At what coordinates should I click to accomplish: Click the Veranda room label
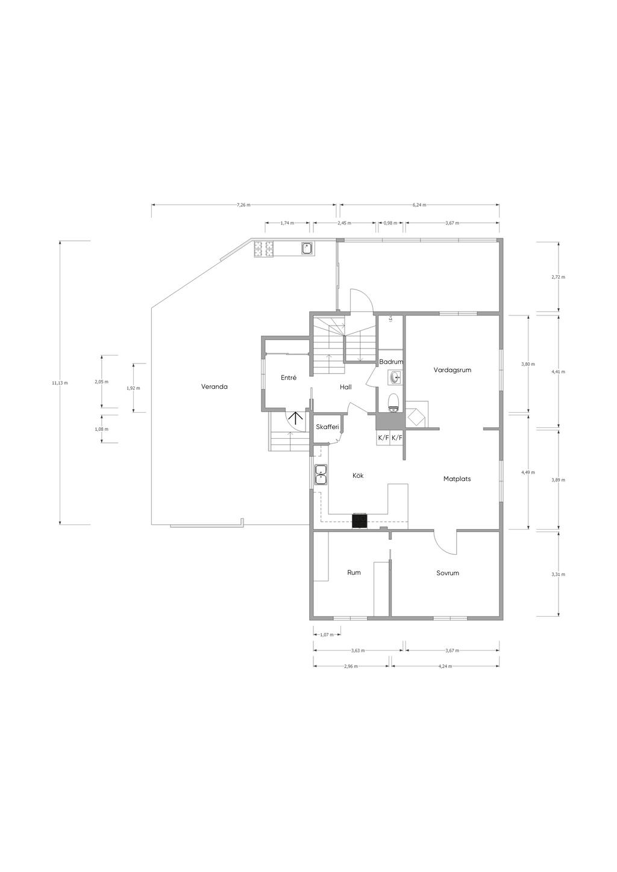pos(214,387)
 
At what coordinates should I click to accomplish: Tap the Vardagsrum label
pos(452,370)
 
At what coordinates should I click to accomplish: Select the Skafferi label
pos(327,427)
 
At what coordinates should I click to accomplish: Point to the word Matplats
pos(457,479)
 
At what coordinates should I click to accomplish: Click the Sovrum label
pos(448,573)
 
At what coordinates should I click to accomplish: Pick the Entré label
pos(289,377)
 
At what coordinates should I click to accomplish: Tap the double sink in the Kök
pos(321,475)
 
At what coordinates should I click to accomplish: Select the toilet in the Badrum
pos(393,403)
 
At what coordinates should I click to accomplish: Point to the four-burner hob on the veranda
pos(263,249)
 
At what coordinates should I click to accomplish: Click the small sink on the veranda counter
pos(307,249)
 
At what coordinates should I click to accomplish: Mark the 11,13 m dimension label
pos(60,383)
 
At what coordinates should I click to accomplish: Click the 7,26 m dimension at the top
pos(243,205)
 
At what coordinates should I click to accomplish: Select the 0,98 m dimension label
pos(390,223)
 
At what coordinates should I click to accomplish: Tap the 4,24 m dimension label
pos(445,666)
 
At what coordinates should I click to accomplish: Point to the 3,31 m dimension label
pos(558,574)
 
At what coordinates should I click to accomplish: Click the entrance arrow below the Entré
pos(295,418)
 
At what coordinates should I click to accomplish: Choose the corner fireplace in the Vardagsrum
pos(417,415)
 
